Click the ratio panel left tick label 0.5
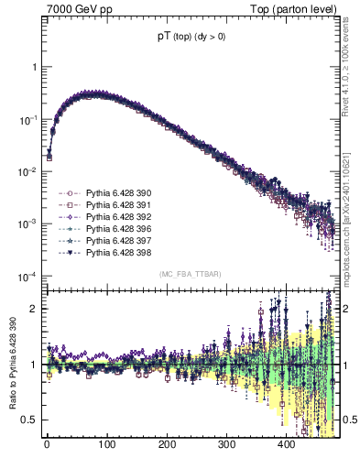tap(31, 420)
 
